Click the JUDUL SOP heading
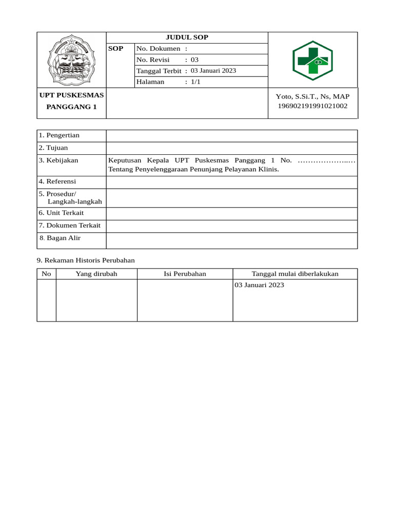point(187,37)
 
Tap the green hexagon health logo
point(312,60)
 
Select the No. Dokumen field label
point(159,49)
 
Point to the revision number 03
point(194,60)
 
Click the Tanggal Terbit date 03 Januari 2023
point(213,71)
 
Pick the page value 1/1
point(195,82)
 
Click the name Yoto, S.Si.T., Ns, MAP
point(312,96)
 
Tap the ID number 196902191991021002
point(312,106)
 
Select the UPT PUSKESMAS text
point(72,95)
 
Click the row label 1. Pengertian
point(59,135)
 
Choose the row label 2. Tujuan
point(53,148)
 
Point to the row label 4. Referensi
point(57,181)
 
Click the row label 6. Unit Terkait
point(61,213)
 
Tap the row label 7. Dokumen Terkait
point(69,226)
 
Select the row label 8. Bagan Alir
point(60,238)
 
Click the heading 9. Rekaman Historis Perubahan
point(86,260)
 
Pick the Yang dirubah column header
point(96,274)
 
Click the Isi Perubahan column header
point(185,274)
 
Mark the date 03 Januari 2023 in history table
point(259,285)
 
